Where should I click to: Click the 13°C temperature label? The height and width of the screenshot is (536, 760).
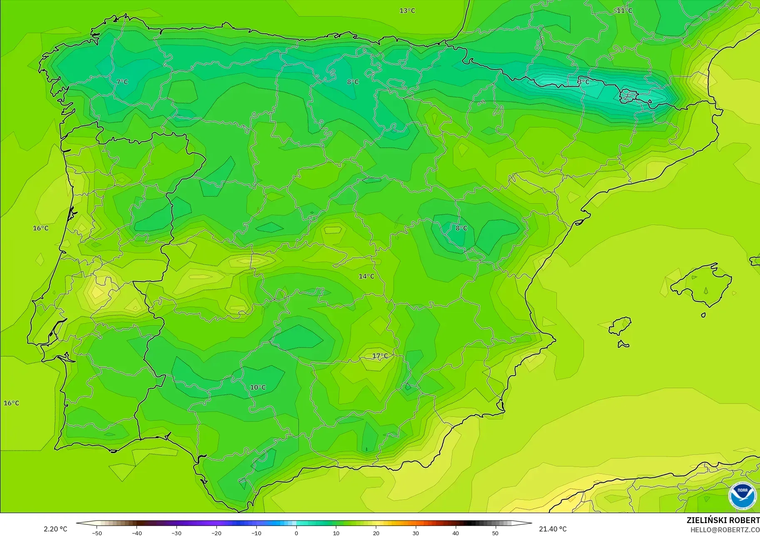pos(407,11)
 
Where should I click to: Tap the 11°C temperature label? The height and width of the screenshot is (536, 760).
pos(624,11)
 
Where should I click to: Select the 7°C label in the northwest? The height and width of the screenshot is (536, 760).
pos(122,82)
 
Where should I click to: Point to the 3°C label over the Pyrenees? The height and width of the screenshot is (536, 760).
pos(584,82)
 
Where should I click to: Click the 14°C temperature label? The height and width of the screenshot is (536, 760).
pos(366,276)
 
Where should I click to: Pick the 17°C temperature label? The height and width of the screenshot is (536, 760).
pos(380,356)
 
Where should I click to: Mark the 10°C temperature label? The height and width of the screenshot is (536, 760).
pos(258,387)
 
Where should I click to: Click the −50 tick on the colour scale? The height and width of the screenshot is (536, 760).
pos(97,533)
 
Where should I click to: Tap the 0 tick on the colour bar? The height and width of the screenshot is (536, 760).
pos(296,533)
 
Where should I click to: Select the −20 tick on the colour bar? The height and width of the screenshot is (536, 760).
pos(216,533)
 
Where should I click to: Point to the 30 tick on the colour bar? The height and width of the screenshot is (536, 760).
pos(416,533)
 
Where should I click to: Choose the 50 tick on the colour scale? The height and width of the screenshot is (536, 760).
pos(495,533)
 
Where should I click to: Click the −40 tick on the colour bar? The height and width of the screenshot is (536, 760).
pos(137,533)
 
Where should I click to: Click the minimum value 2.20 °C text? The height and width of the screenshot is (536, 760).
pos(55,529)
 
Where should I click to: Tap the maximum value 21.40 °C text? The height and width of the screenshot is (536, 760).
pos(553,529)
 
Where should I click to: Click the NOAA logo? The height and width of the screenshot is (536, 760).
pos(742,496)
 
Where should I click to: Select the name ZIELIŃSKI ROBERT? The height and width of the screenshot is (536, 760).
pos(723,521)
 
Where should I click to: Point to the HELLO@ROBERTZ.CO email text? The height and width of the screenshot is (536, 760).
pos(725,530)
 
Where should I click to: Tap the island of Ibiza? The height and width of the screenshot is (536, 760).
pos(620,326)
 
